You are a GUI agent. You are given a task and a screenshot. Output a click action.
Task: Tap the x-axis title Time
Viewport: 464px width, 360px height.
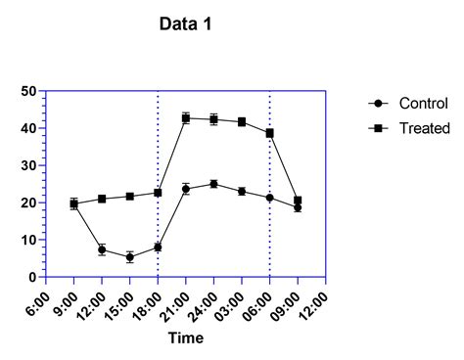[x=185, y=338]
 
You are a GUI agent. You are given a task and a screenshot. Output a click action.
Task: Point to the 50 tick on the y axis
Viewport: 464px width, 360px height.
[x=28, y=91]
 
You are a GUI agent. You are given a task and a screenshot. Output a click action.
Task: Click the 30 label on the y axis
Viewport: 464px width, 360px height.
[x=28, y=165]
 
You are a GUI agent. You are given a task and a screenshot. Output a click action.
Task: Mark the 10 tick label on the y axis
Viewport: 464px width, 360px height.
[x=28, y=240]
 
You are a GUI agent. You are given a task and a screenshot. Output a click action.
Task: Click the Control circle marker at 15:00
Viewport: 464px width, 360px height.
[x=130, y=257]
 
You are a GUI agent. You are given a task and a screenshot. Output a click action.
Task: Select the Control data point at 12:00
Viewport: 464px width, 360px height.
[x=102, y=249]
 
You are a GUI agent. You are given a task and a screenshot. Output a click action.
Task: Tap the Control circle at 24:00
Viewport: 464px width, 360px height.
[x=213, y=184]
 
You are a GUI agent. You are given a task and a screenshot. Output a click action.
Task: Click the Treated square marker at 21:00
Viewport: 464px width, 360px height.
[x=186, y=118]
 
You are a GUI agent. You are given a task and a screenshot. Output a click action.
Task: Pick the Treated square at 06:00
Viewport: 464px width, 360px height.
[x=269, y=133]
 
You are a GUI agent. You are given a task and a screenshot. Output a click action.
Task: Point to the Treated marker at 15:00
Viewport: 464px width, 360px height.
[x=130, y=197]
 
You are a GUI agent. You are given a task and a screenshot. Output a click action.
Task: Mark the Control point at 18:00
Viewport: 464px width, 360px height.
[x=158, y=247]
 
